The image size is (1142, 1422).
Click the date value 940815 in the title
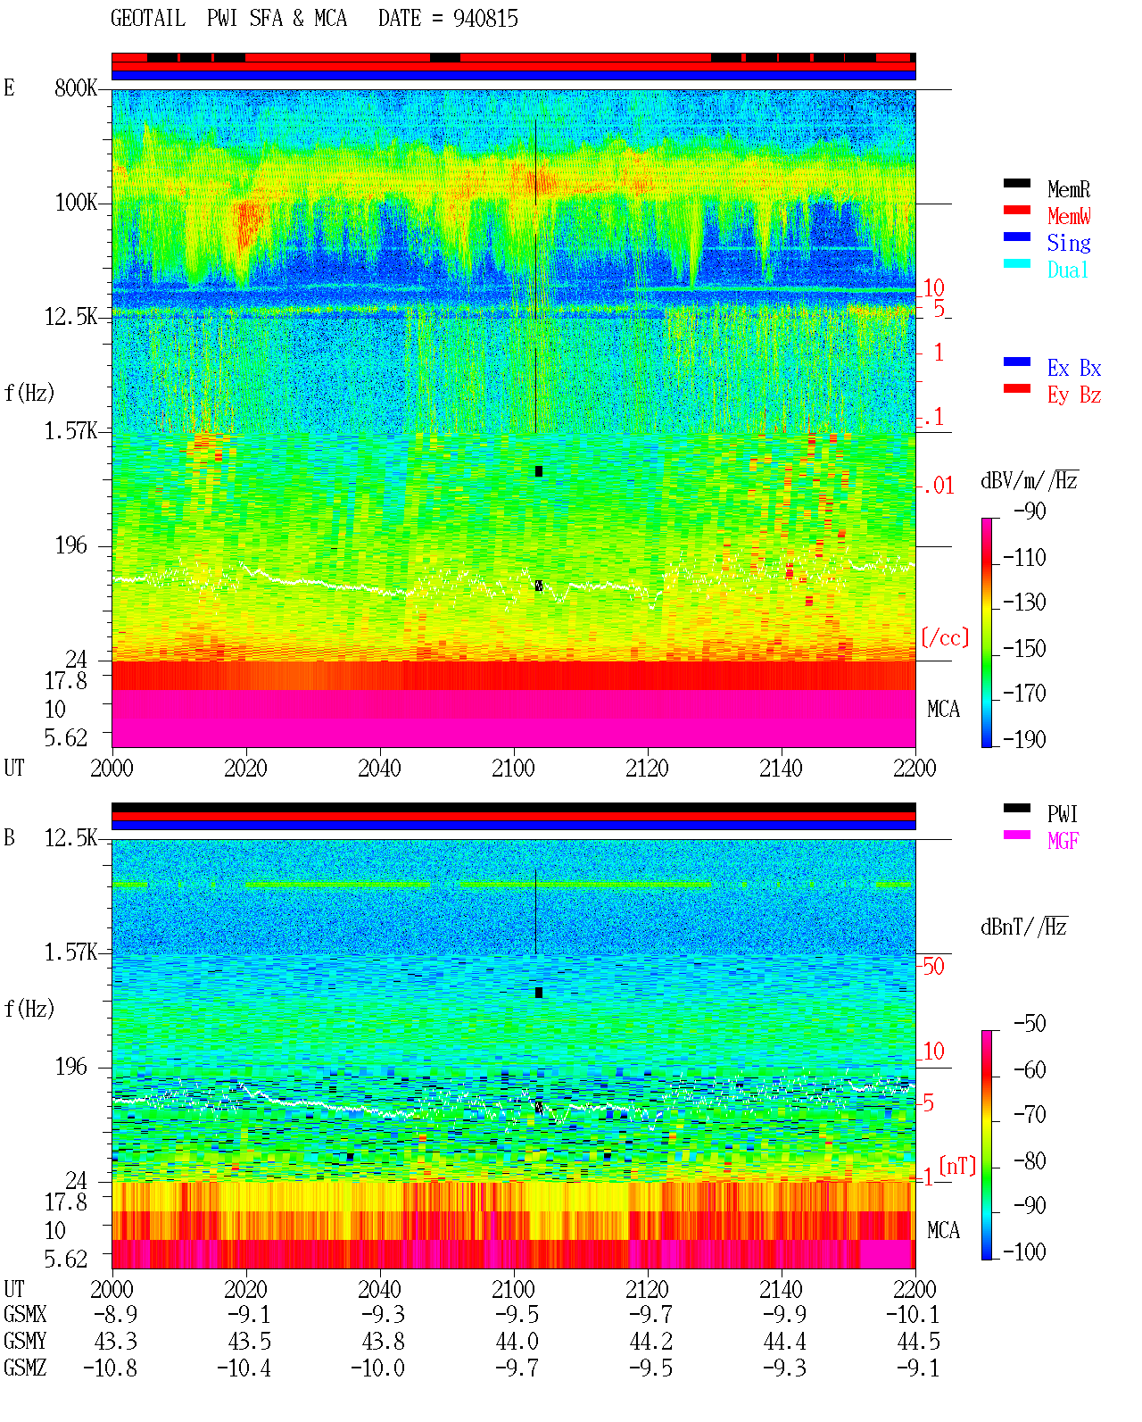pos(485,19)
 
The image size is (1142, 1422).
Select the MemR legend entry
pos(1068,189)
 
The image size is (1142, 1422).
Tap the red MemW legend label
pos(1069,216)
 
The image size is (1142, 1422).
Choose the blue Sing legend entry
pos(1068,243)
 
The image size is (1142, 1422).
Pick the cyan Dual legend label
pos(1067,270)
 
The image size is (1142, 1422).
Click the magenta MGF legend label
pos(1063,841)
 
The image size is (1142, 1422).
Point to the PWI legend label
pos(1062,814)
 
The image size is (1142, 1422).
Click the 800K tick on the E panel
pos(75,87)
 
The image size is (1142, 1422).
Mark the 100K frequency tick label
pos(76,203)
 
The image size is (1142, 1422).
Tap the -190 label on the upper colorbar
pos(1024,739)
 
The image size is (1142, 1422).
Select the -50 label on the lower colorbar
pos(1030,1024)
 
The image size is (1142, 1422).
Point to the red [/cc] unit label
pos(945,637)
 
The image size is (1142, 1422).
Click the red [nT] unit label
pos(957,1166)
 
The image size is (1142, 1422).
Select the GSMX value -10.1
pos(912,1315)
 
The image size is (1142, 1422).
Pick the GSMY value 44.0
pos(517,1342)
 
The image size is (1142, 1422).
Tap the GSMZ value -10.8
pos(111,1368)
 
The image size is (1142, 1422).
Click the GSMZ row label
pos(25,1368)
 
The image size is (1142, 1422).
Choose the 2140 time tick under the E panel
pos(781,769)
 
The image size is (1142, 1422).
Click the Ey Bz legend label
pos(1074,395)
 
